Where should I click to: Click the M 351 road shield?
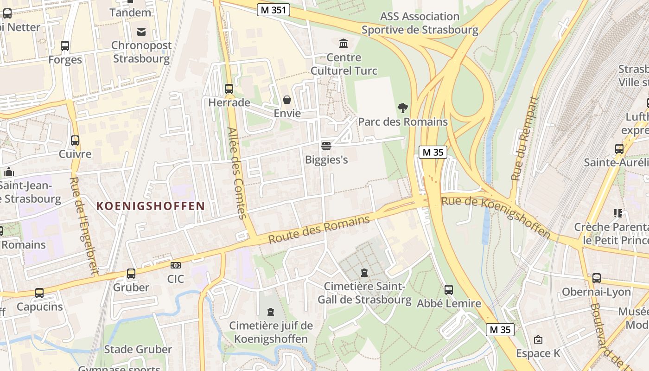(x=274, y=10)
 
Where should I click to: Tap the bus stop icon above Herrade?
(x=229, y=89)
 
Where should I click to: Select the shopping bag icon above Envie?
(x=287, y=100)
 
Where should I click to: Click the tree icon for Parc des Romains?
(x=403, y=108)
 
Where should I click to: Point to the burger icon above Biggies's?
(x=326, y=146)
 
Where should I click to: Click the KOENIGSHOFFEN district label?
(x=151, y=206)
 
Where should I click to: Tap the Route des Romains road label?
(x=319, y=230)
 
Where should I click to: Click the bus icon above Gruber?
(x=131, y=274)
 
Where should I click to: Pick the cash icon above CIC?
(x=175, y=265)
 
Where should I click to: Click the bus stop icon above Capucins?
(x=39, y=293)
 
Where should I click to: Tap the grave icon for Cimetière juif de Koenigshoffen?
(x=271, y=312)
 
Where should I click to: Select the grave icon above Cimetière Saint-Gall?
(x=364, y=272)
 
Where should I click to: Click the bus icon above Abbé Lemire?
(x=449, y=290)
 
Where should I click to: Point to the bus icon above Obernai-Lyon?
(x=597, y=278)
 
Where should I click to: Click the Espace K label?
(x=538, y=353)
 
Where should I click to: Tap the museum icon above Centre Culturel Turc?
(x=344, y=44)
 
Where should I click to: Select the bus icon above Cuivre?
(x=75, y=140)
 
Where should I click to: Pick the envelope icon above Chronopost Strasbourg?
(x=141, y=32)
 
